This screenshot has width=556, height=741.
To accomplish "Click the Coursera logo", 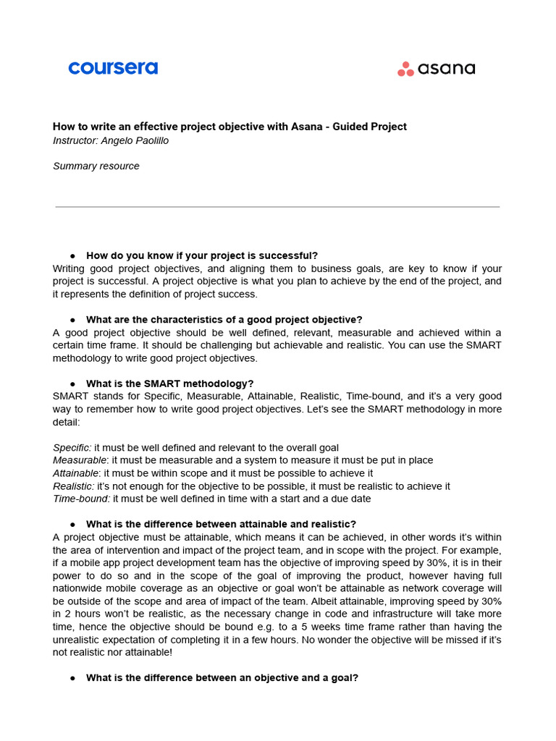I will [113, 68].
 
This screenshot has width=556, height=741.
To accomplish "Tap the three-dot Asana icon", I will [405, 69].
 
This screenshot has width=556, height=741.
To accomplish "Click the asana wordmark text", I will [447, 69].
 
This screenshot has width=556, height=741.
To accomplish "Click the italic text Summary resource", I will [96, 166].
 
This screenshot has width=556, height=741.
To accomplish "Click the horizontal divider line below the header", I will [277, 207].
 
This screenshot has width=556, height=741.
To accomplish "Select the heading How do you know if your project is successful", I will [202, 255].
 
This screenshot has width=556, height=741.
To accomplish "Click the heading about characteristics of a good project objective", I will [224, 320].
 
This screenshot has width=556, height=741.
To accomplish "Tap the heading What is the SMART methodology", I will [169, 384].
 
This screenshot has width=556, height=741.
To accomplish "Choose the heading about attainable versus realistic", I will [221, 524].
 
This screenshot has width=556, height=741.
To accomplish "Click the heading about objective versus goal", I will [222, 678].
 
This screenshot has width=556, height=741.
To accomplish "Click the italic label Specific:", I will [72, 448].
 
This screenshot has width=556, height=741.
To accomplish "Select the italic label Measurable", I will [80, 460].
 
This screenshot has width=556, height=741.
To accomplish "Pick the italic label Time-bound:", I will [81, 499].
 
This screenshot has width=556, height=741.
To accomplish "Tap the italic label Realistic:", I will [73, 486].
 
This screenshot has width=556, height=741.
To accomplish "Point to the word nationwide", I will [78, 588].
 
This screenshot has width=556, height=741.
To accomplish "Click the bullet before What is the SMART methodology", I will [73, 384].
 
